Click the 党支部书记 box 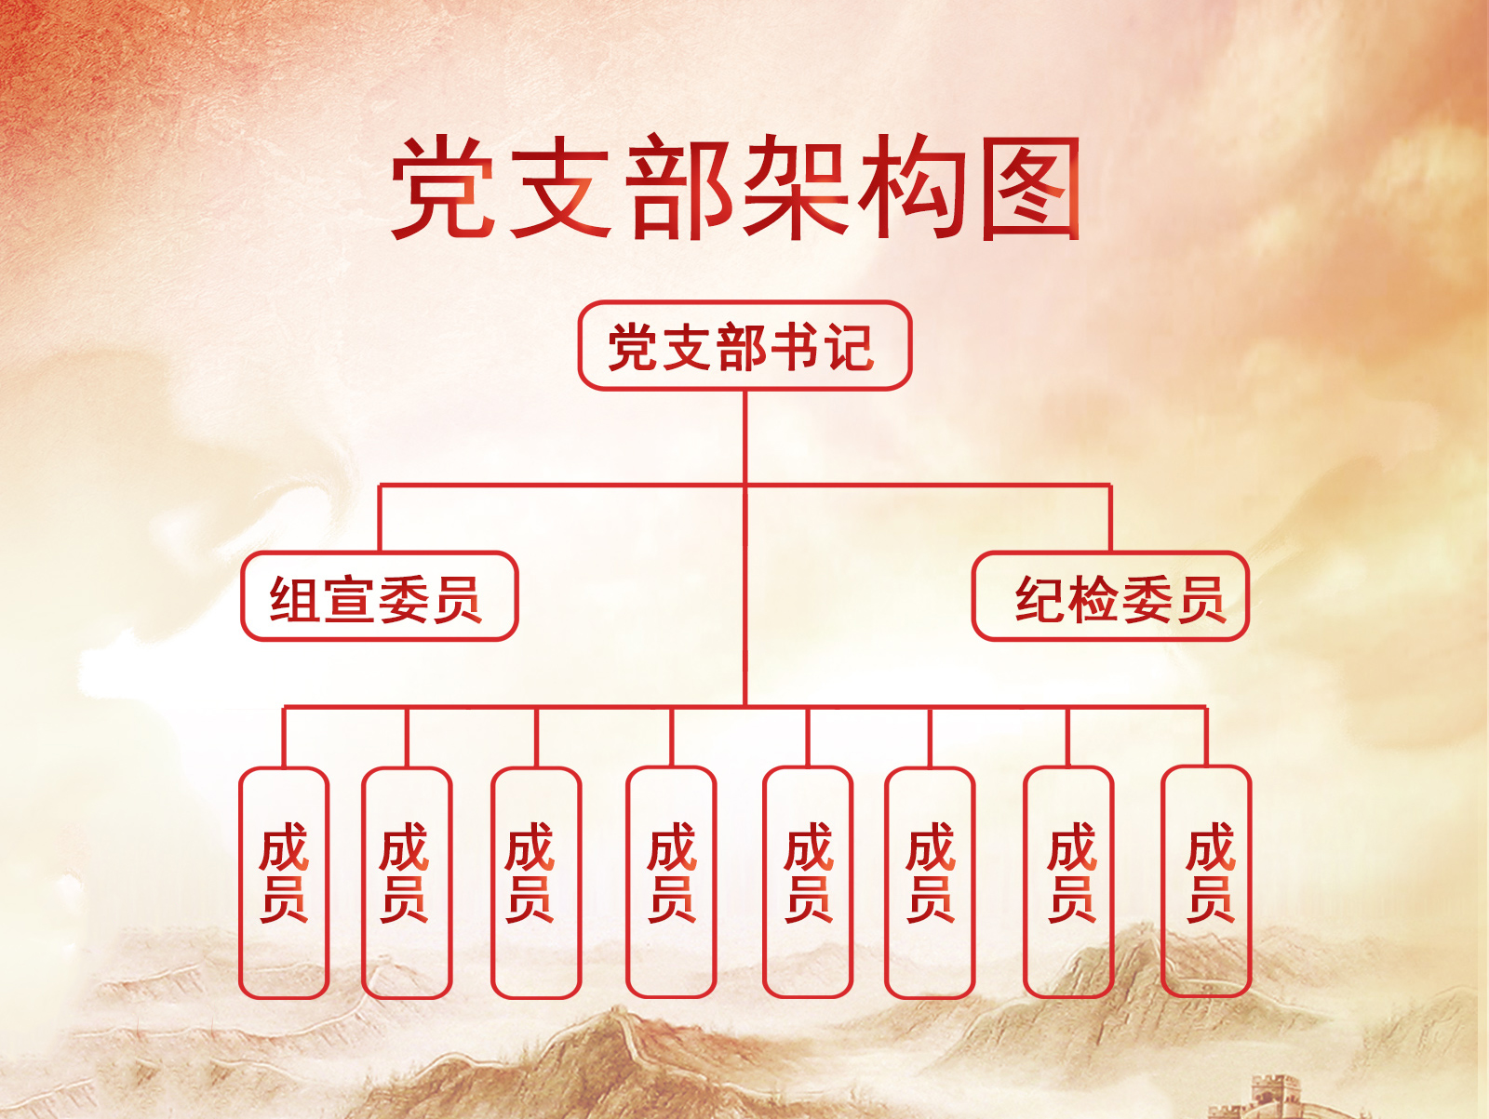744,345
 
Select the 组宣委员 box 379,596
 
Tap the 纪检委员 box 1110,596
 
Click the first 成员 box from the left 284,882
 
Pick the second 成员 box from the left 406,882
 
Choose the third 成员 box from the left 535,882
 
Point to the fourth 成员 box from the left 671,882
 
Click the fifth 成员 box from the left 807,882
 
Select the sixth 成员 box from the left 930,882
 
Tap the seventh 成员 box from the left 1068,882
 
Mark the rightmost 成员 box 1206,882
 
